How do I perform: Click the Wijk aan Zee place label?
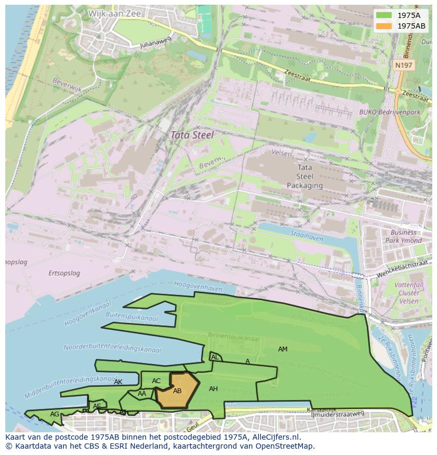pos(115,14)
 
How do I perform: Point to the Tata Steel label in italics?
pos(192,135)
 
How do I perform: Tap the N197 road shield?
pos(404,65)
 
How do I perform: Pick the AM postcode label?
pos(283,349)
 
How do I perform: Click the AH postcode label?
pos(213,389)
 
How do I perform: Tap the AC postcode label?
pos(156,381)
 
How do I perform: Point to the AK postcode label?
pos(118,382)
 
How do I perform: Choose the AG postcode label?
pos(55,414)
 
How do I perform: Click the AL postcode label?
pos(215,357)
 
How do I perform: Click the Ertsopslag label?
pos(64,273)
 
